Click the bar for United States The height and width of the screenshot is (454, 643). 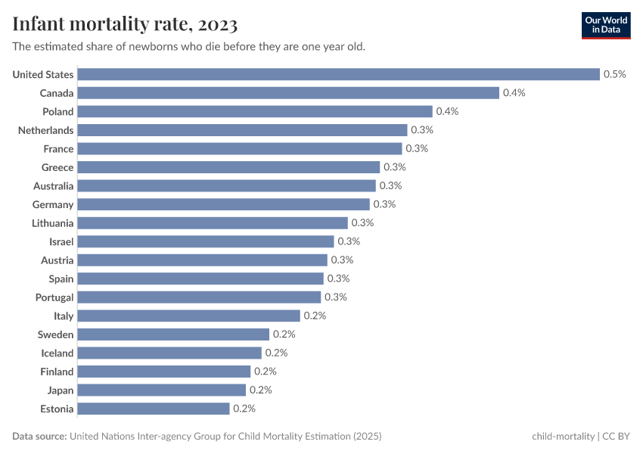(x=338, y=74)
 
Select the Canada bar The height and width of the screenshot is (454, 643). (x=288, y=93)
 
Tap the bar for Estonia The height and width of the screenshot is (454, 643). (x=154, y=409)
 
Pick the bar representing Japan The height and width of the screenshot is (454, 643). (x=162, y=390)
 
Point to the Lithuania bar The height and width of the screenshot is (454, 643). (x=213, y=223)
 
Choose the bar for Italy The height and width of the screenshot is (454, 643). (x=189, y=316)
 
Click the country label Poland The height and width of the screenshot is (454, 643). (x=57, y=112)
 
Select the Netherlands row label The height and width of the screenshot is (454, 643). (x=46, y=130)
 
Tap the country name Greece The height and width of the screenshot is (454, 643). (x=57, y=167)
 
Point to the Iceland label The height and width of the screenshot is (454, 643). (x=57, y=353)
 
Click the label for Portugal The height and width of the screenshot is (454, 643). (x=54, y=297)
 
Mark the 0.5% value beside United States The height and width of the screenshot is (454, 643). (x=614, y=74)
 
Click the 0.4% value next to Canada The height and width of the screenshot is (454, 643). (x=514, y=93)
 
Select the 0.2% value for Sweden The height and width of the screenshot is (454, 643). (x=284, y=334)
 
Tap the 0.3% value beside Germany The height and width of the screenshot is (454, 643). (x=384, y=204)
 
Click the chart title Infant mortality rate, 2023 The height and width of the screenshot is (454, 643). (x=125, y=25)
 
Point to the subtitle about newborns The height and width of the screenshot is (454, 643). (x=189, y=47)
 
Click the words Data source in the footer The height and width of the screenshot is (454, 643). (x=39, y=437)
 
